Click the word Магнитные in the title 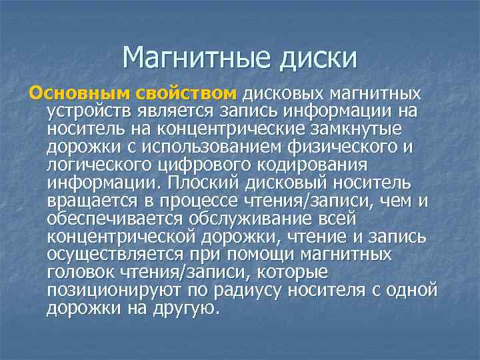(193, 58)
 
